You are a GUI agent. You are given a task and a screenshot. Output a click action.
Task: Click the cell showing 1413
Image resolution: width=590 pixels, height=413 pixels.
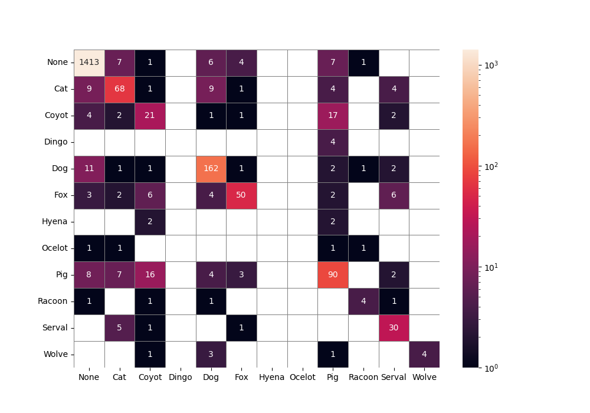[x=89, y=63]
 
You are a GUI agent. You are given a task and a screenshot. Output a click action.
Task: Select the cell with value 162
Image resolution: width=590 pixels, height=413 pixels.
[x=211, y=169]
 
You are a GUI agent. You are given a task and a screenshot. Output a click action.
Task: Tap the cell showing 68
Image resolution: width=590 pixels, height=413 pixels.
[x=119, y=89]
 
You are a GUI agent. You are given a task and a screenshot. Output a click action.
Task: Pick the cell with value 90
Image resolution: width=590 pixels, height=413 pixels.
[x=333, y=274]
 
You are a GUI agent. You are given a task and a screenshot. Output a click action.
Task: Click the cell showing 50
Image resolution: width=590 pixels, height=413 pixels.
[x=241, y=195]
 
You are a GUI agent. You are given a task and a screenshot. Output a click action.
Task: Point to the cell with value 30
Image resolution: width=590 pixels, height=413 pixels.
[x=394, y=327]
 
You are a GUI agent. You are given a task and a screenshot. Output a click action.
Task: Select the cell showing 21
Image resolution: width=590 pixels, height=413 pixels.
[x=150, y=116]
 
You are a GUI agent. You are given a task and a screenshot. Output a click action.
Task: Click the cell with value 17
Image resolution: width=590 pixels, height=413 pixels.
[x=333, y=116]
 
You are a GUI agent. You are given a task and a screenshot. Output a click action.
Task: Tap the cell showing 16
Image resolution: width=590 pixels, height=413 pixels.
[x=150, y=274]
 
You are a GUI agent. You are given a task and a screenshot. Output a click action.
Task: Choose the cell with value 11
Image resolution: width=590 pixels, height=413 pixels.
[x=89, y=169]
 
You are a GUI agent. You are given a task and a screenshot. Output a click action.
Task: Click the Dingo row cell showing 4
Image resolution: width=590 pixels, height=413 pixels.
[x=333, y=142]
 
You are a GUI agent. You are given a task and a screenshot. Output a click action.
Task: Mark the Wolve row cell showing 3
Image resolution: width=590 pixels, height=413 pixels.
[x=211, y=354]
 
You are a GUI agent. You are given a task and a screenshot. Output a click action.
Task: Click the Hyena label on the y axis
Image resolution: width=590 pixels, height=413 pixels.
[x=55, y=222]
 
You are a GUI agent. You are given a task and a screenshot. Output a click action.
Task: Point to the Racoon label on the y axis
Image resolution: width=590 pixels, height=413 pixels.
[x=53, y=301]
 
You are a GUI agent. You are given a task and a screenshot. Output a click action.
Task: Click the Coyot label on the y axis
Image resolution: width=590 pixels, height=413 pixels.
[x=56, y=116]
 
